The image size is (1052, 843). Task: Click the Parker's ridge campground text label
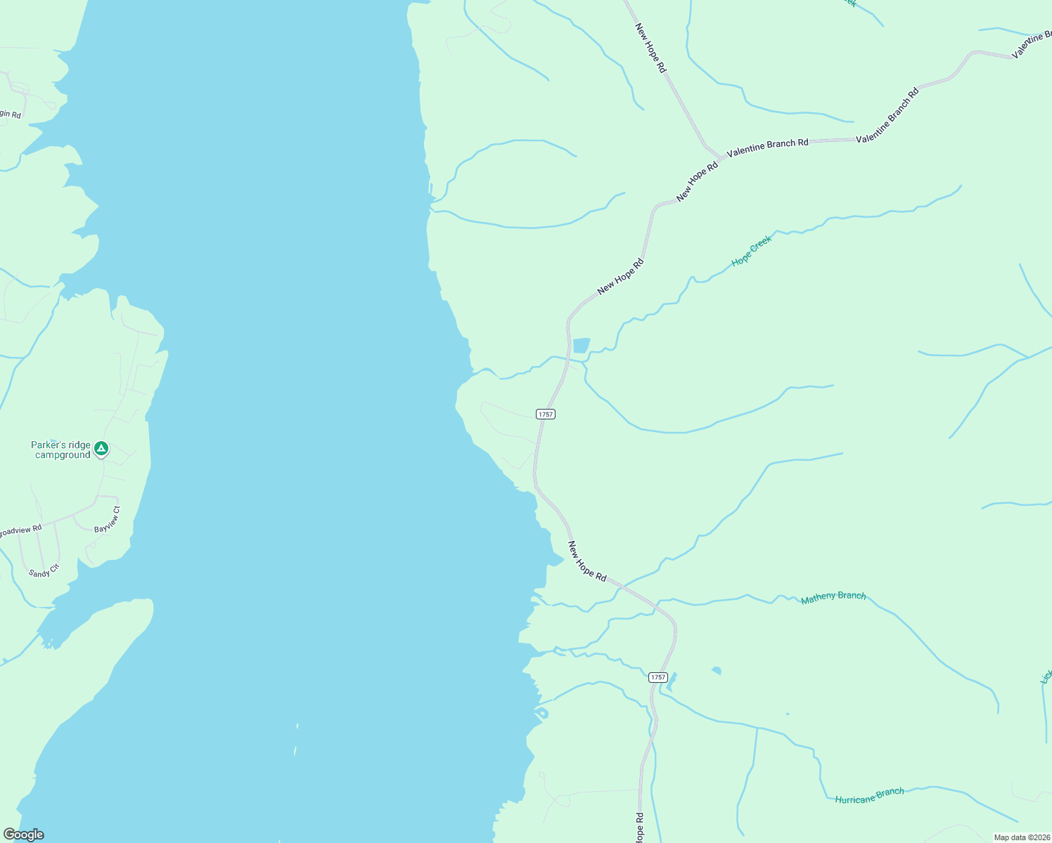(60, 450)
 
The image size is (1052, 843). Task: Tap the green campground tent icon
(101, 448)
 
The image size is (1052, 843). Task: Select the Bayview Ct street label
(108, 520)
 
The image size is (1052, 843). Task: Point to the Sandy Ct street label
(44, 570)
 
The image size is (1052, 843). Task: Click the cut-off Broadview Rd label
(20, 531)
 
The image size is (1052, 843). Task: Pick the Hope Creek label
(752, 251)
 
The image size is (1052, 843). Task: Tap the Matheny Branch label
(833, 597)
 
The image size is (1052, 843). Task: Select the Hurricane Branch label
(869, 796)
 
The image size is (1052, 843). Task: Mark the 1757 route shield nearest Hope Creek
(546, 414)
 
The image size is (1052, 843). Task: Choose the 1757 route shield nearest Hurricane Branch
(657, 677)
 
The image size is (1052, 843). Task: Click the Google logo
(23, 835)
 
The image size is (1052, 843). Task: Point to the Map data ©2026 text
(1021, 837)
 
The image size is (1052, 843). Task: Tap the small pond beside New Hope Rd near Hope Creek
(581, 346)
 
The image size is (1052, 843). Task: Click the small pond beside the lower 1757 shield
(672, 681)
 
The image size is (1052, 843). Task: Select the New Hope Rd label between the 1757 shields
(587, 561)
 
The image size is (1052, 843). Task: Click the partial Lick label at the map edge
(1046, 677)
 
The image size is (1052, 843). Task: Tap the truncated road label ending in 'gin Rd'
(11, 114)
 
